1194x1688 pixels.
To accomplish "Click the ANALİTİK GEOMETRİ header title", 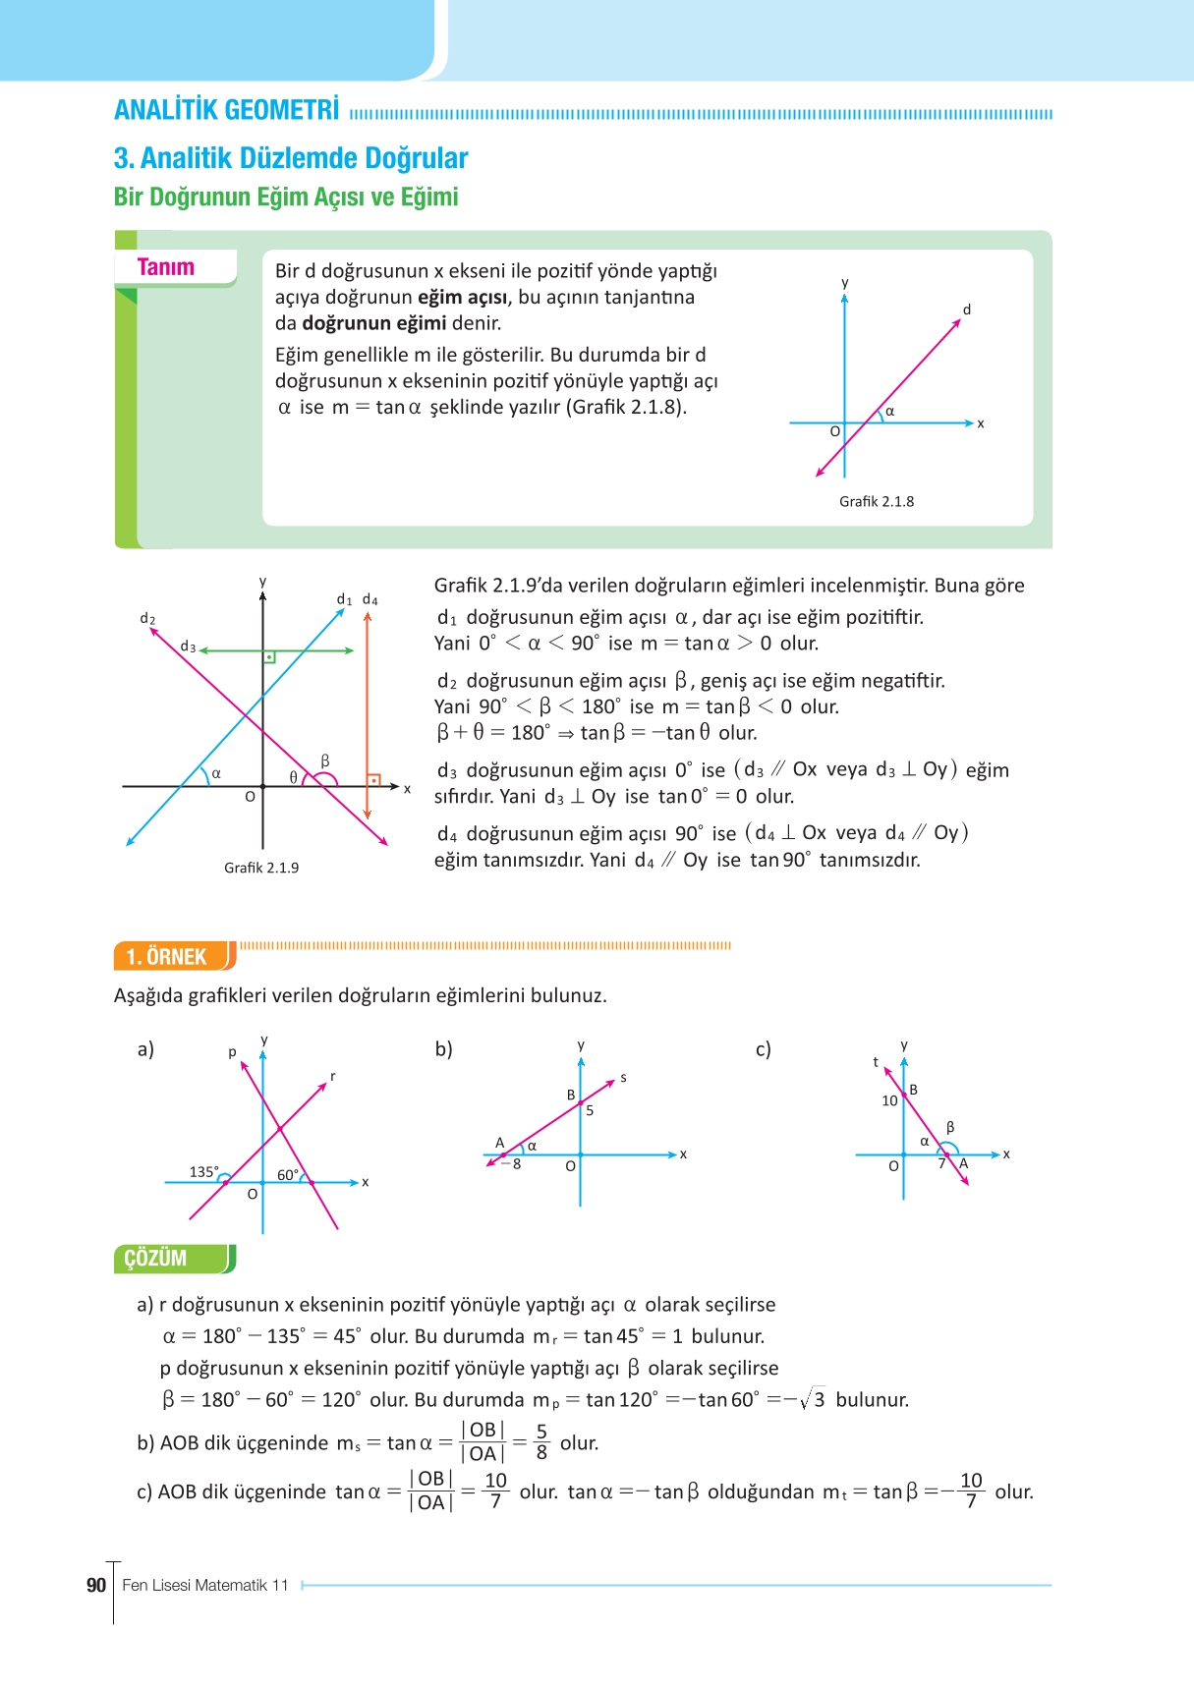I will [x=227, y=110].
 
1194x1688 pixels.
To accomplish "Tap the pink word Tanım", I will [x=165, y=267].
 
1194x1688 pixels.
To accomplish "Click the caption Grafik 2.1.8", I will [x=876, y=501].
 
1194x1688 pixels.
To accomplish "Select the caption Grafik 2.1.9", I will [x=261, y=868].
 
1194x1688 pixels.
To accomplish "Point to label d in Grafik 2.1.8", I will [x=966, y=309].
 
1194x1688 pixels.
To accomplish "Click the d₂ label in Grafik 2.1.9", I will [x=147, y=618].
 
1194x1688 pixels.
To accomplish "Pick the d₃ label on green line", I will [x=188, y=647].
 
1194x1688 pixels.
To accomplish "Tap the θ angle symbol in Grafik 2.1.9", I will [x=293, y=776].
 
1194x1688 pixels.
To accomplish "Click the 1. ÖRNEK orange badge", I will [x=166, y=956].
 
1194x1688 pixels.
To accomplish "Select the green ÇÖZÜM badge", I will [x=155, y=1259].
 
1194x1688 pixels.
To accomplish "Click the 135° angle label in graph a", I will [x=203, y=1171].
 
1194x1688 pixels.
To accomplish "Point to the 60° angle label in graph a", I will [x=288, y=1174].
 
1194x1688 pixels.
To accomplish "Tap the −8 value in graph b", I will [x=511, y=1164].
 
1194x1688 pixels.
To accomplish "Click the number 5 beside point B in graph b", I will [x=590, y=1110].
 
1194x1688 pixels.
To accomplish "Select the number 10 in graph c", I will [x=889, y=1100].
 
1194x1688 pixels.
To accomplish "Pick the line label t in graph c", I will [x=876, y=1062].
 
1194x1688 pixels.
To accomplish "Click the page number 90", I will [x=96, y=1585].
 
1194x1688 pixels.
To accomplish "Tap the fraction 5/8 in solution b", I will [x=541, y=1442].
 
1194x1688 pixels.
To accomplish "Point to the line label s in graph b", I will [x=623, y=1078].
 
